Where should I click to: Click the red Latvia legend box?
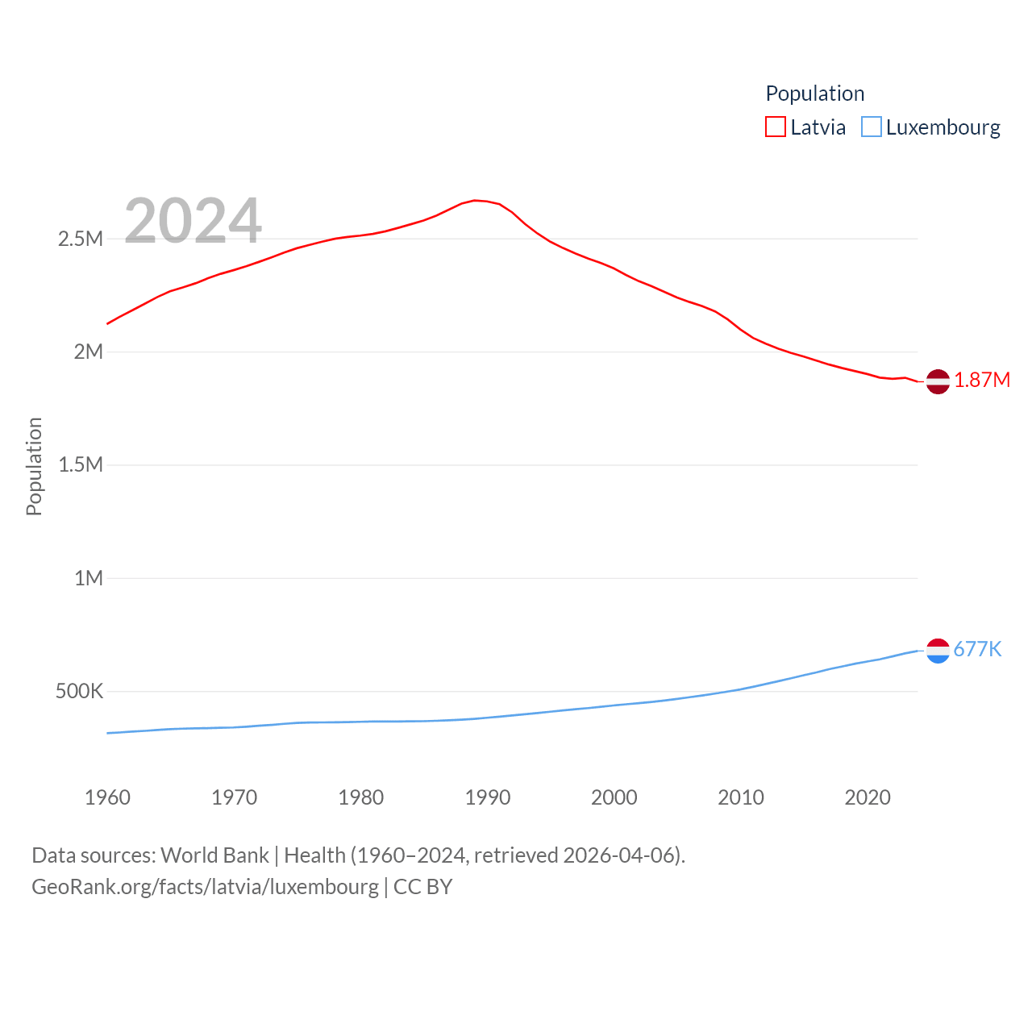775,127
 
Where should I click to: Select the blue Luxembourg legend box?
872,127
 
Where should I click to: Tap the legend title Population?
814,94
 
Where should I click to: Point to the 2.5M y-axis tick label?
81,239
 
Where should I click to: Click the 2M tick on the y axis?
89,352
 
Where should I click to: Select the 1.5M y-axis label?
81,464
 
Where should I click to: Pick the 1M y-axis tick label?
89,578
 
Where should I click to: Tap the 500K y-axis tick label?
79,691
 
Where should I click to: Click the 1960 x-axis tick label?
107,797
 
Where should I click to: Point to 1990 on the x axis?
488,797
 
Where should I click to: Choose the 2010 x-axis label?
741,797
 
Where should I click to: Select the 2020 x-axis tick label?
868,797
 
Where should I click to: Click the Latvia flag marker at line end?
938,381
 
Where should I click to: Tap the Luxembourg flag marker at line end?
938,650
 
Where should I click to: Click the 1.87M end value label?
982,380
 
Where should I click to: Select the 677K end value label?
977,649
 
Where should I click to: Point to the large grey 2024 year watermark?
193,221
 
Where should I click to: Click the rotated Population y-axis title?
34,466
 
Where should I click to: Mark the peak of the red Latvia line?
475,200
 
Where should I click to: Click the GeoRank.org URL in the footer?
205,887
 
